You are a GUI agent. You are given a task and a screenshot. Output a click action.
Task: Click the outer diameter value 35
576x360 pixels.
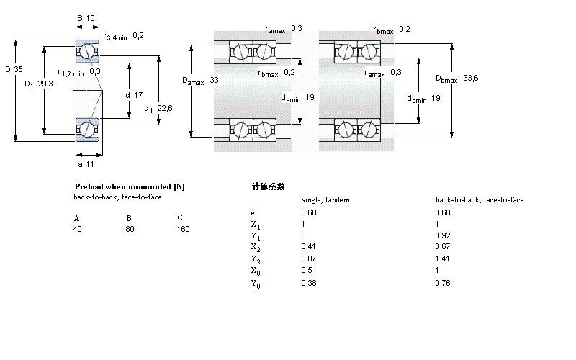click(19, 69)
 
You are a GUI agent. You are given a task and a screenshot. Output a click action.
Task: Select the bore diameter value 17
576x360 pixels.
click(138, 94)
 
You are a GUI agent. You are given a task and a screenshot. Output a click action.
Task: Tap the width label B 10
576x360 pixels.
click(86, 19)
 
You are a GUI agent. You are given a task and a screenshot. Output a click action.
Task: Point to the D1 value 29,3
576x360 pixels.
click(45, 84)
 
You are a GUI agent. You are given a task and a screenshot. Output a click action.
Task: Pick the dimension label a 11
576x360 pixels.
click(86, 165)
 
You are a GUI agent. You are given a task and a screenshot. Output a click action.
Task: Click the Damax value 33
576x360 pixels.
click(214, 80)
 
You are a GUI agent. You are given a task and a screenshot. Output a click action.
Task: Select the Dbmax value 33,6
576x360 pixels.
click(471, 78)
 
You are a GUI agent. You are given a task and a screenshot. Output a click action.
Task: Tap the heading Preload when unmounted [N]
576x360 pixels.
click(130, 186)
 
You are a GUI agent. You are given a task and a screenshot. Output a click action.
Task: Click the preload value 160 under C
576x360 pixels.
click(183, 229)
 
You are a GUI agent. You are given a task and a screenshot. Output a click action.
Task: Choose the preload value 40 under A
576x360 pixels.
click(77, 229)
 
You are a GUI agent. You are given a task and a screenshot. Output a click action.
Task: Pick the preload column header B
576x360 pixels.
click(129, 218)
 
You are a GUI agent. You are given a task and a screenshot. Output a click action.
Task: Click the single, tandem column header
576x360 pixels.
click(325, 200)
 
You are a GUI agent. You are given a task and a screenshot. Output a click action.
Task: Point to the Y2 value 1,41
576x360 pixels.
click(443, 258)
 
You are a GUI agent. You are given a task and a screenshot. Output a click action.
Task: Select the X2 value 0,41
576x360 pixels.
click(308, 247)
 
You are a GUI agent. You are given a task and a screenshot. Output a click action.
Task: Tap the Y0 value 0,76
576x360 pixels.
click(443, 282)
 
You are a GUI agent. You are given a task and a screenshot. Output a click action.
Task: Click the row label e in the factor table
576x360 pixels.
click(252, 212)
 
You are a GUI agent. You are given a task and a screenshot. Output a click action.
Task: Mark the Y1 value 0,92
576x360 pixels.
click(443, 235)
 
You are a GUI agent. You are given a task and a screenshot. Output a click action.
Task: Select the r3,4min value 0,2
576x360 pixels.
click(138, 36)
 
